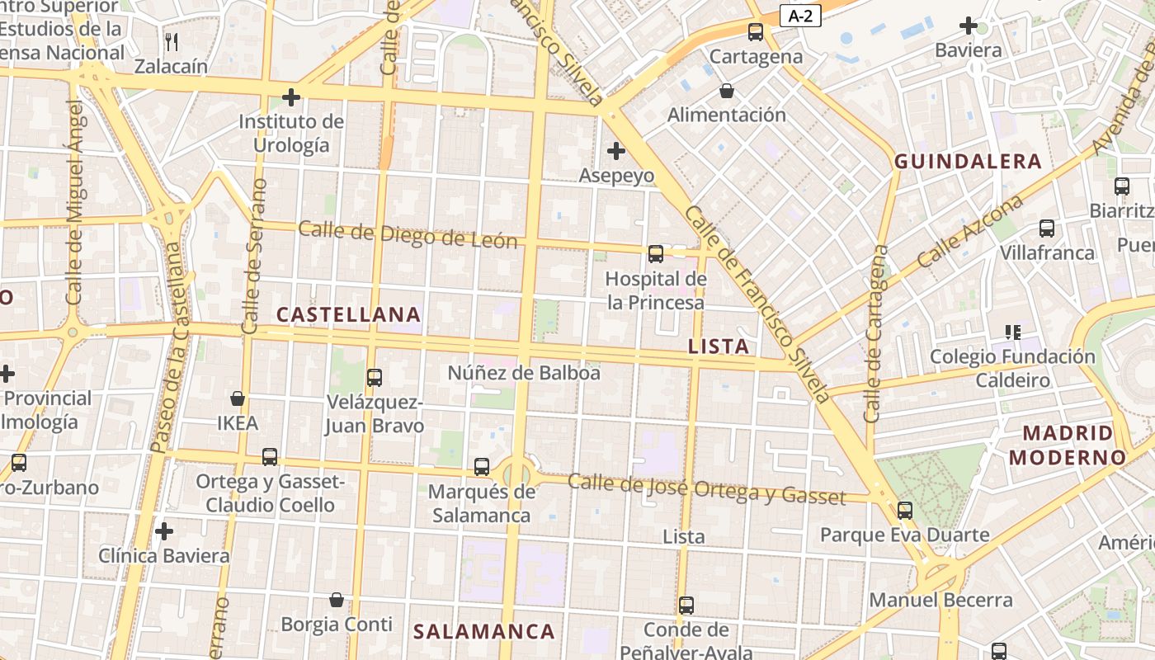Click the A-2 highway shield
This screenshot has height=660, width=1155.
click(800, 16)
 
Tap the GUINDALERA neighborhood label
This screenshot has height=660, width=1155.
click(969, 162)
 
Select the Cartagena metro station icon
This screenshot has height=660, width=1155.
click(756, 32)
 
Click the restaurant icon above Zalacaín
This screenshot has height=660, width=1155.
click(172, 41)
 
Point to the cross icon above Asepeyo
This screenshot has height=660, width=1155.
click(615, 151)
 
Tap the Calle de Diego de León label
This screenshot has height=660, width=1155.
click(408, 234)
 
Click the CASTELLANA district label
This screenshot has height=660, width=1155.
click(348, 314)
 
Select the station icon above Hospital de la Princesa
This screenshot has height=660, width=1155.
click(656, 254)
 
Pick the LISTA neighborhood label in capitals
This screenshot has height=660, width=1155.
click(719, 346)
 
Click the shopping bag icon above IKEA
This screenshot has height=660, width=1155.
click(238, 399)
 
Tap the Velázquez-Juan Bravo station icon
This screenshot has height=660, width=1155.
click(375, 378)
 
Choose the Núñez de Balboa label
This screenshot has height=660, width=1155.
click(524, 373)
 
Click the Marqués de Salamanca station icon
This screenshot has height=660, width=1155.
click(482, 467)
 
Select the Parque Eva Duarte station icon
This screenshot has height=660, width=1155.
click(905, 511)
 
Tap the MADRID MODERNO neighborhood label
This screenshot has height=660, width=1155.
click(1068, 445)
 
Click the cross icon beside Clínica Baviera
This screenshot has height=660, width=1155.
click(164, 530)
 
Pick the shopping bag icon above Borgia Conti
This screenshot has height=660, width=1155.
click(337, 600)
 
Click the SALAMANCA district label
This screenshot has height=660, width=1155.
click(483, 632)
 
